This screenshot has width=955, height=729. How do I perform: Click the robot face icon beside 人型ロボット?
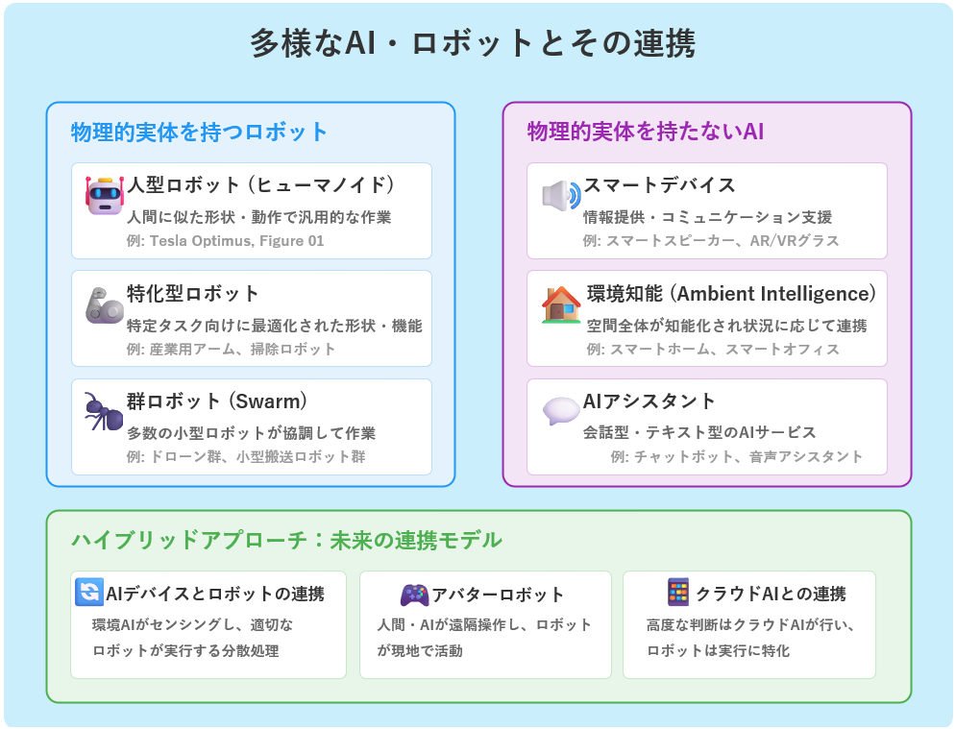tap(105, 196)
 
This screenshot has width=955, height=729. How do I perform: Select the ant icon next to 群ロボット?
tap(104, 411)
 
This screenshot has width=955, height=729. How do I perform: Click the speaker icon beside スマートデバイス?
tap(561, 196)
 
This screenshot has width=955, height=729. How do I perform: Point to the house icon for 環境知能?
tap(561, 304)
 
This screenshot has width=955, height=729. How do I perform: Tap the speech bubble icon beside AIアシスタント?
tap(561, 411)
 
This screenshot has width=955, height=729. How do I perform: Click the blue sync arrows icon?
tap(89, 592)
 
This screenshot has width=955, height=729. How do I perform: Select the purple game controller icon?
tap(414, 595)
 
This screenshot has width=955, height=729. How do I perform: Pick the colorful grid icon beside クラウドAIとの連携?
tap(678, 592)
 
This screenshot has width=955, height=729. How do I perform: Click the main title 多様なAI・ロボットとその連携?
tap(473, 44)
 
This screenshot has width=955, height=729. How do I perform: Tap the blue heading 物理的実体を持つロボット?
tap(199, 133)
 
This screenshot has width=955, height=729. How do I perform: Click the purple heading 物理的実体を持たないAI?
tap(646, 132)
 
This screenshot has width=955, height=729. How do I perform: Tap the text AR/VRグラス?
tap(795, 241)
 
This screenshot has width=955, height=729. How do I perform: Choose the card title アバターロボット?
tap(498, 595)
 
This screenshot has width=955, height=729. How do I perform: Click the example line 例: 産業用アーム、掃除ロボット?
tap(231, 349)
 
